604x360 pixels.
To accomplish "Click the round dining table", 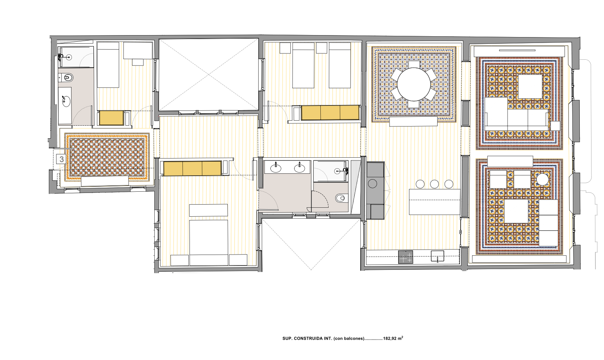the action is pos(414,84).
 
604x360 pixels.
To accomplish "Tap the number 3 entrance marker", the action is pos(61,159).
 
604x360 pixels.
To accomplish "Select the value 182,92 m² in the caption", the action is pos(393,338).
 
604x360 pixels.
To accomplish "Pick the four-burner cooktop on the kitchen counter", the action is pos(406,257).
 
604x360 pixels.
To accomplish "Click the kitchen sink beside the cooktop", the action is pos(437,256).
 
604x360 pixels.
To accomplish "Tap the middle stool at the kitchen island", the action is pos(434,184).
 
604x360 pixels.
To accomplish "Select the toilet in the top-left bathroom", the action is pos(66,78).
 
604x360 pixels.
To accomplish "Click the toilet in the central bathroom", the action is pos(341,199).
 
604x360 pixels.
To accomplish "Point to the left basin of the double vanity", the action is pos(275,168).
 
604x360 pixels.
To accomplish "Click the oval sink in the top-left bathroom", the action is pos(65,101).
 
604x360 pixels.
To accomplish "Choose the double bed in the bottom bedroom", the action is pos(209,242).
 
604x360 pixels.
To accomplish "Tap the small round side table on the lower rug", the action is pos(543,179).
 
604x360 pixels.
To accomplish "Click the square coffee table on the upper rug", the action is pos(530,87).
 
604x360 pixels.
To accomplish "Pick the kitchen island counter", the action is pos(434,202).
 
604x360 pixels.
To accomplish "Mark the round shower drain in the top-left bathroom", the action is pos(70,57).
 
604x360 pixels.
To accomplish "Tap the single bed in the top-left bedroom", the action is pos(108,65).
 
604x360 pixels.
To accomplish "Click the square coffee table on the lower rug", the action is pos(516,211).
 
